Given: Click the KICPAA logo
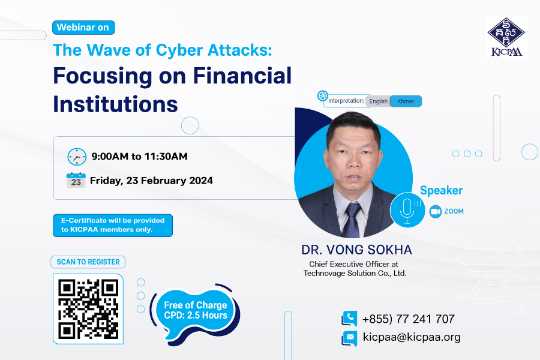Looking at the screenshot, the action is pyautogui.click(x=506, y=37).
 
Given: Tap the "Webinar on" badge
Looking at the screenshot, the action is pyautogui.click(x=83, y=28).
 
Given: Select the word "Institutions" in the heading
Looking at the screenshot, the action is pyautogui.click(x=115, y=104).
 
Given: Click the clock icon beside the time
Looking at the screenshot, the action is pyautogui.click(x=77, y=157).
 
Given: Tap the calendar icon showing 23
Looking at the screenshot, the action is pyautogui.click(x=76, y=180).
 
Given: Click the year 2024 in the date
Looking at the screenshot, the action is pyautogui.click(x=200, y=181).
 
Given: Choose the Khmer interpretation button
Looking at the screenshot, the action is pyautogui.click(x=406, y=101).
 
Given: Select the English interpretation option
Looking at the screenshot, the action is pyautogui.click(x=378, y=101).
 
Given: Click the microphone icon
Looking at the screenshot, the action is pyautogui.click(x=407, y=209).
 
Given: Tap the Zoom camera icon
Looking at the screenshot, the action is pyautogui.click(x=436, y=212).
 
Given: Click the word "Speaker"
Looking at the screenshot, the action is pyautogui.click(x=441, y=190).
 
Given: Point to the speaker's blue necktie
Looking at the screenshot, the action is pyautogui.click(x=352, y=220).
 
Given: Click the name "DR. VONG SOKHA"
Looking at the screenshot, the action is pyautogui.click(x=356, y=250).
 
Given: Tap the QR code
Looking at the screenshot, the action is pyautogui.click(x=88, y=309).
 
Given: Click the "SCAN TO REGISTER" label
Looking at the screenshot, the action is pyautogui.click(x=88, y=262).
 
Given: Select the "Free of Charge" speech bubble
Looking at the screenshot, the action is pyautogui.click(x=196, y=312).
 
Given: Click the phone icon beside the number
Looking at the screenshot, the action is pyautogui.click(x=349, y=319).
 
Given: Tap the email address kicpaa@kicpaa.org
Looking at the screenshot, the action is pyautogui.click(x=412, y=337).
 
